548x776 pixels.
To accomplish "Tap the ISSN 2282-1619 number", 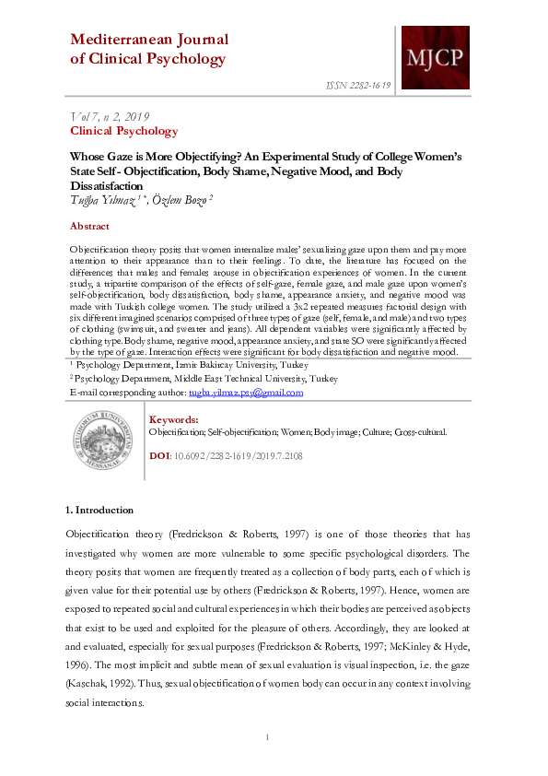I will pos(358,85).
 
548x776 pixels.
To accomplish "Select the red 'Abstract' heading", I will pos(89,226).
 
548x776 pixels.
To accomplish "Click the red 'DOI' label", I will pos(158,455).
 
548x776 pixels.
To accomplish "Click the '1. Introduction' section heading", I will pos(99,510).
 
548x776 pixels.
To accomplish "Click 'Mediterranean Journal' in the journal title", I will pos(149,40).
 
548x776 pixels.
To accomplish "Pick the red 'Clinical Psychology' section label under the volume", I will pos(123,132).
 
